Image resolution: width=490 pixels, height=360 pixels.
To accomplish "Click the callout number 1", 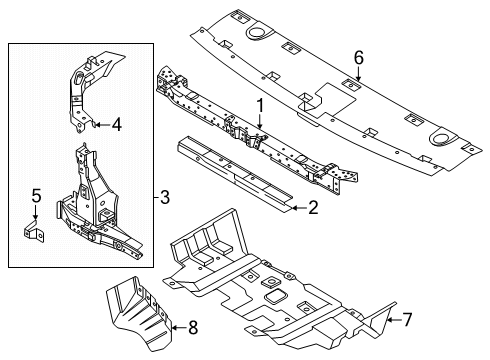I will point(259,104).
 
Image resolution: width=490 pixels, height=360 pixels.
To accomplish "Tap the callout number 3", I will point(164,197).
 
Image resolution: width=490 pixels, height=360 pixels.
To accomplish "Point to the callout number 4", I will point(117,126).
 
